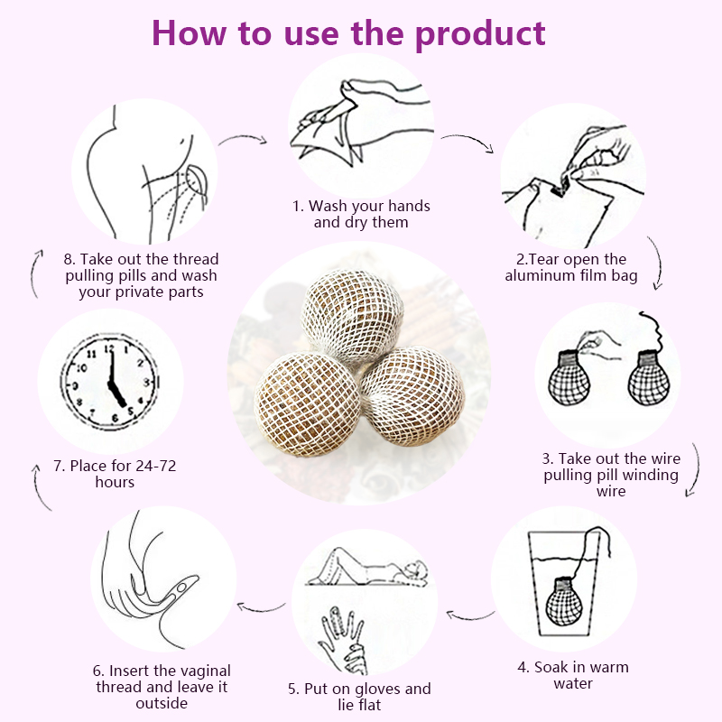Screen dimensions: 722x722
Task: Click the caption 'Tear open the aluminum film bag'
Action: [x=571, y=268]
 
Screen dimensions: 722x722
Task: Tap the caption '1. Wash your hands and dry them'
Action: [x=361, y=214]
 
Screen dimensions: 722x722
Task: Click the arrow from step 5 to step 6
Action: [x=262, y=607]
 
